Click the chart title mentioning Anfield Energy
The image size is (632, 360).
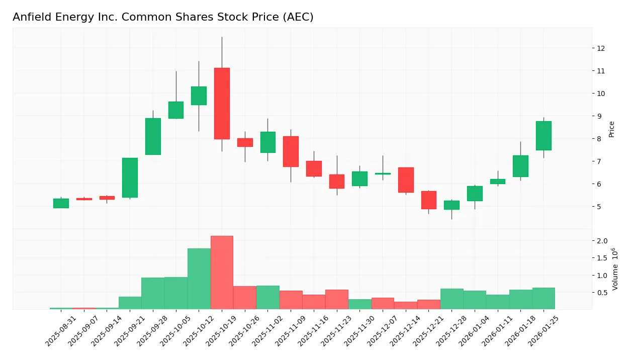(163, 17)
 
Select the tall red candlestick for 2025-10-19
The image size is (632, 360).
(222, 103)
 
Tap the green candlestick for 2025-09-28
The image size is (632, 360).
(153, 136)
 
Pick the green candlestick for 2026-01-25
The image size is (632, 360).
(544, 136)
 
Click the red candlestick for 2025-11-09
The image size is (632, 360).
(291, 151)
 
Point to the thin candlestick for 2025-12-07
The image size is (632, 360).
(383, 173)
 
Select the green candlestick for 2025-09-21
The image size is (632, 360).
(130, 177)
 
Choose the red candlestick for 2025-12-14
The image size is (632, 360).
(406, 180)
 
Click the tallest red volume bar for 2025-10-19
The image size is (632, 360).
(222, 273)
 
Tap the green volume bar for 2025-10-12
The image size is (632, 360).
(199, 279)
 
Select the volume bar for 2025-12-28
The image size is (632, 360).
(452, 299)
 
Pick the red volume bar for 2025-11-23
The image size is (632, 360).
(337, 299)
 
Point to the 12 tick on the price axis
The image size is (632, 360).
(600, 48)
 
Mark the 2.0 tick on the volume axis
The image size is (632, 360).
(602, 241)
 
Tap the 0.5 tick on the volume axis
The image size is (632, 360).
(602, 293)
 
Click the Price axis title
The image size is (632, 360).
(611, 129)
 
